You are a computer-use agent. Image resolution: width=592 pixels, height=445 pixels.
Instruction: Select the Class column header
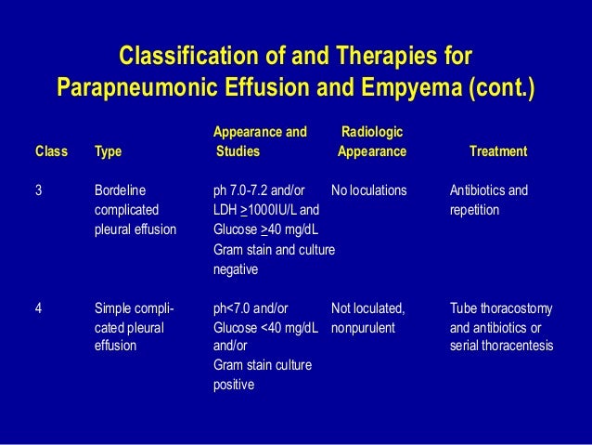[51, 151]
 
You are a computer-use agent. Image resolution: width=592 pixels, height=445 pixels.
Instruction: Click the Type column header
[108, 151]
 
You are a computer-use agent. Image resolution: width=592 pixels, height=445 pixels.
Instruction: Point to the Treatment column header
[498, 151]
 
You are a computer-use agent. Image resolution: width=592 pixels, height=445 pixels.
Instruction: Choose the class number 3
[38, 190]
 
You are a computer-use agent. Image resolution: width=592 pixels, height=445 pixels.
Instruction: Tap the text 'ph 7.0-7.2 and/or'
[265, 190]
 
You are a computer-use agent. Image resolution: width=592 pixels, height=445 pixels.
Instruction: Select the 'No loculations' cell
[368, 190]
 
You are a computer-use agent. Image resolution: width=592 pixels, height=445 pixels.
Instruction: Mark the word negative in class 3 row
[236, 269]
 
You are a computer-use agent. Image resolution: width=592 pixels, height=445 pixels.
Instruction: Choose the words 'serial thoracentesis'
[501, 347]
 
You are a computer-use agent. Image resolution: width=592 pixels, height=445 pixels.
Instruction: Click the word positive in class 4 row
[234, 385]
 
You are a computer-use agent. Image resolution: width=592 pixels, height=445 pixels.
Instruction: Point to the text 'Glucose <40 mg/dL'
[266, 329]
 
